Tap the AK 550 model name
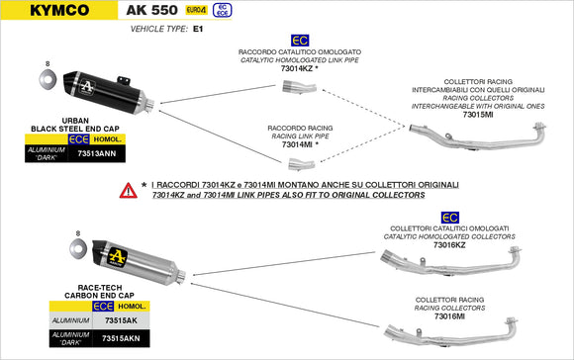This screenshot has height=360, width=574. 152,10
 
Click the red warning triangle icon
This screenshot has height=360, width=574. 127,189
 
